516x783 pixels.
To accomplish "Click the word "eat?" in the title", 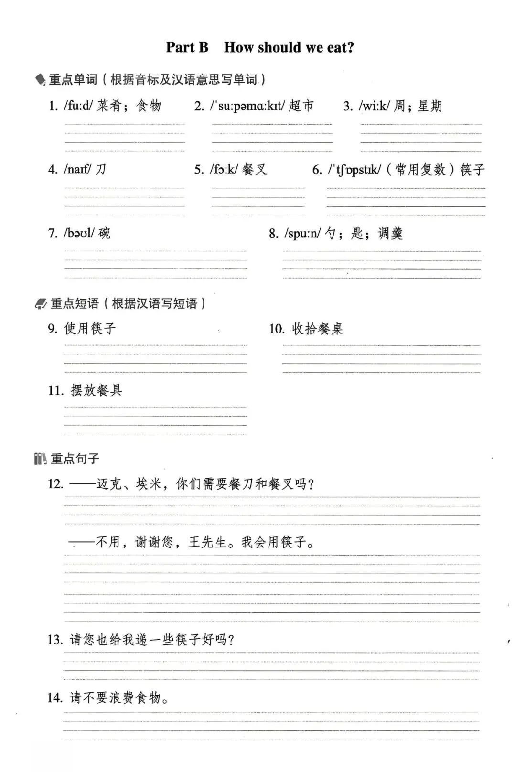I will [x=340, y=47].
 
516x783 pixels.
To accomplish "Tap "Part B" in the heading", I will [x=187, y=47].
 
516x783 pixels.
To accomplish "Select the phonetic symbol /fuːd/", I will [x=78, y=106].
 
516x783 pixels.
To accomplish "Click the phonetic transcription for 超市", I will [x=247, y=106].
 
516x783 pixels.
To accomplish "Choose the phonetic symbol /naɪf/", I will [x=77, y=169].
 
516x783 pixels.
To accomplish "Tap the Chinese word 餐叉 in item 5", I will [x=254, y=169].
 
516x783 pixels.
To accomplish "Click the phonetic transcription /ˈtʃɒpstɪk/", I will [x=354, y=170].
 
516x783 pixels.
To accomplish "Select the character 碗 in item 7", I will [x=104, y=233].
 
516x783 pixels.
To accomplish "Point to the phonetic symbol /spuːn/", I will [x=302, y=233].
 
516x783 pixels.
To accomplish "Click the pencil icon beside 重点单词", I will [x=41, y=80].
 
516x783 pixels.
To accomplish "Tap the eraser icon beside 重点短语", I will [x=41, y=304].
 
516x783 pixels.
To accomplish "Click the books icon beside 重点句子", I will [x=41, y=459].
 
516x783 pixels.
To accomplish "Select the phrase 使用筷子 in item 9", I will [x=90, y=329].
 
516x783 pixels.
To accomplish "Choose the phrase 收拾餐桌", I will [x=317, y=329].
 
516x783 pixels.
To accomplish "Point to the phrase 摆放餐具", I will [x=97, y=390].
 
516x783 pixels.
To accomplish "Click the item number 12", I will [x=55, y=484].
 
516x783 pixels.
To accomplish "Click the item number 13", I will [x=55, y=640].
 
